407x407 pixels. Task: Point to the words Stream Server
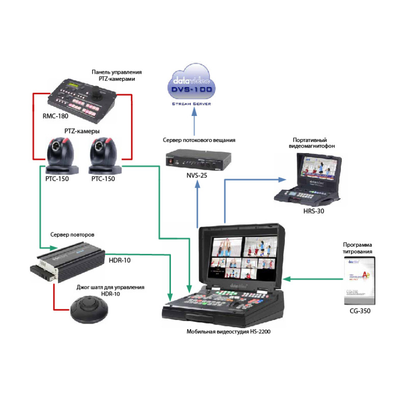point(192,104)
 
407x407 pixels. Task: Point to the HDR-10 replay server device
point(68,262)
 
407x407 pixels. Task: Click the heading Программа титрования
point(358,248)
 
